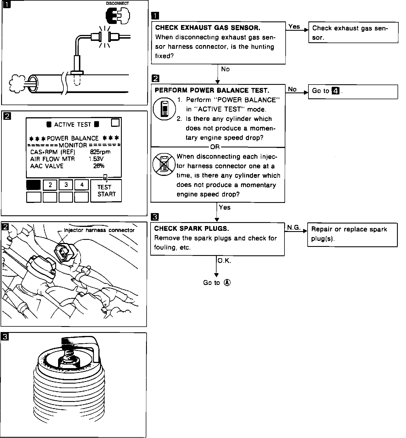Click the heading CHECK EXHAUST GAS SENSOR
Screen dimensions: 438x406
pyautogui.click(x=208, y=28)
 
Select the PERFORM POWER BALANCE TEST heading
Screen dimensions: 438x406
pyautogui.click(x=212, y=90)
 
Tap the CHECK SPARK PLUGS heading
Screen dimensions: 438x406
pyautogui.click(x=191, y=229)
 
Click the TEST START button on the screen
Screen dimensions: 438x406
pyautogui.click(x=106, y=191)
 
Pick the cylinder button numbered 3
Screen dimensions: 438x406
pyautogui.click(x=66, y=185)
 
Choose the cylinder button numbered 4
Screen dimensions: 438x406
pyautogui.click(x=82, y=185)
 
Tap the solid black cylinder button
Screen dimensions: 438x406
pyautogui.click(x=34, y=185)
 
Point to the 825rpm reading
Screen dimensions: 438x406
pyautogui.click(x=102, y=152)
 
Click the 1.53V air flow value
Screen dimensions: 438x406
pyautogui.click(x=96, y=159)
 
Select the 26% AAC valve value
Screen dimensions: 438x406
pyautogui.click(x=99, y=166)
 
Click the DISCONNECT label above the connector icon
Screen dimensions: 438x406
pyautogui.click(x=117, y=3)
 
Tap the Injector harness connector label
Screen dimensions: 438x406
pyautogui.click(x=99, y=230)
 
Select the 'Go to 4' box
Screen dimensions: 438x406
pyautogui.click(x=353, y=91)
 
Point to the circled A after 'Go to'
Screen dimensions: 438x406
pyautogui.click(x=227, y=282)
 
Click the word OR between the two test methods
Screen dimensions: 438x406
pyautogui.click(x=215, y=147)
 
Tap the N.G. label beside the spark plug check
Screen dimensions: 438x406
pyautogui.click(x=294, y=227)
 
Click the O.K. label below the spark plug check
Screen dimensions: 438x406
pyautogui.click(x=224, y=261)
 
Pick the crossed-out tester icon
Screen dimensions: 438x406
pyautogui.click(x=162, y=164)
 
